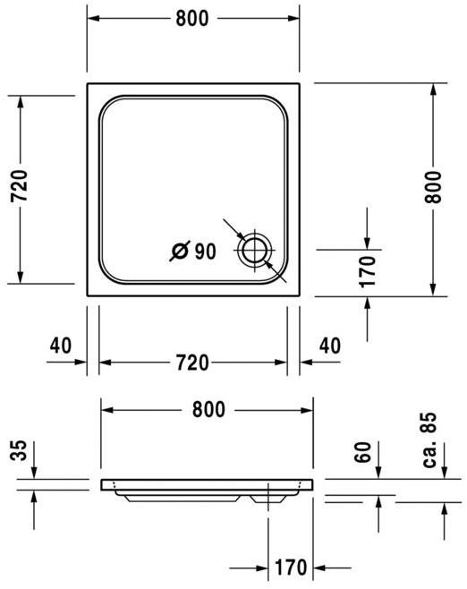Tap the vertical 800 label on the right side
pyautogui.click(x=432, y=187)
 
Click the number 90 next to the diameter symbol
pyautogui.click(x=204, y=252)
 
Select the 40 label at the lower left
pyautogui.click(x=60, y=344)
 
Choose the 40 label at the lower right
pyautogui.click(x=329, y=344)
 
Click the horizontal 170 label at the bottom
pyautogui.click(x=292, y=567)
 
